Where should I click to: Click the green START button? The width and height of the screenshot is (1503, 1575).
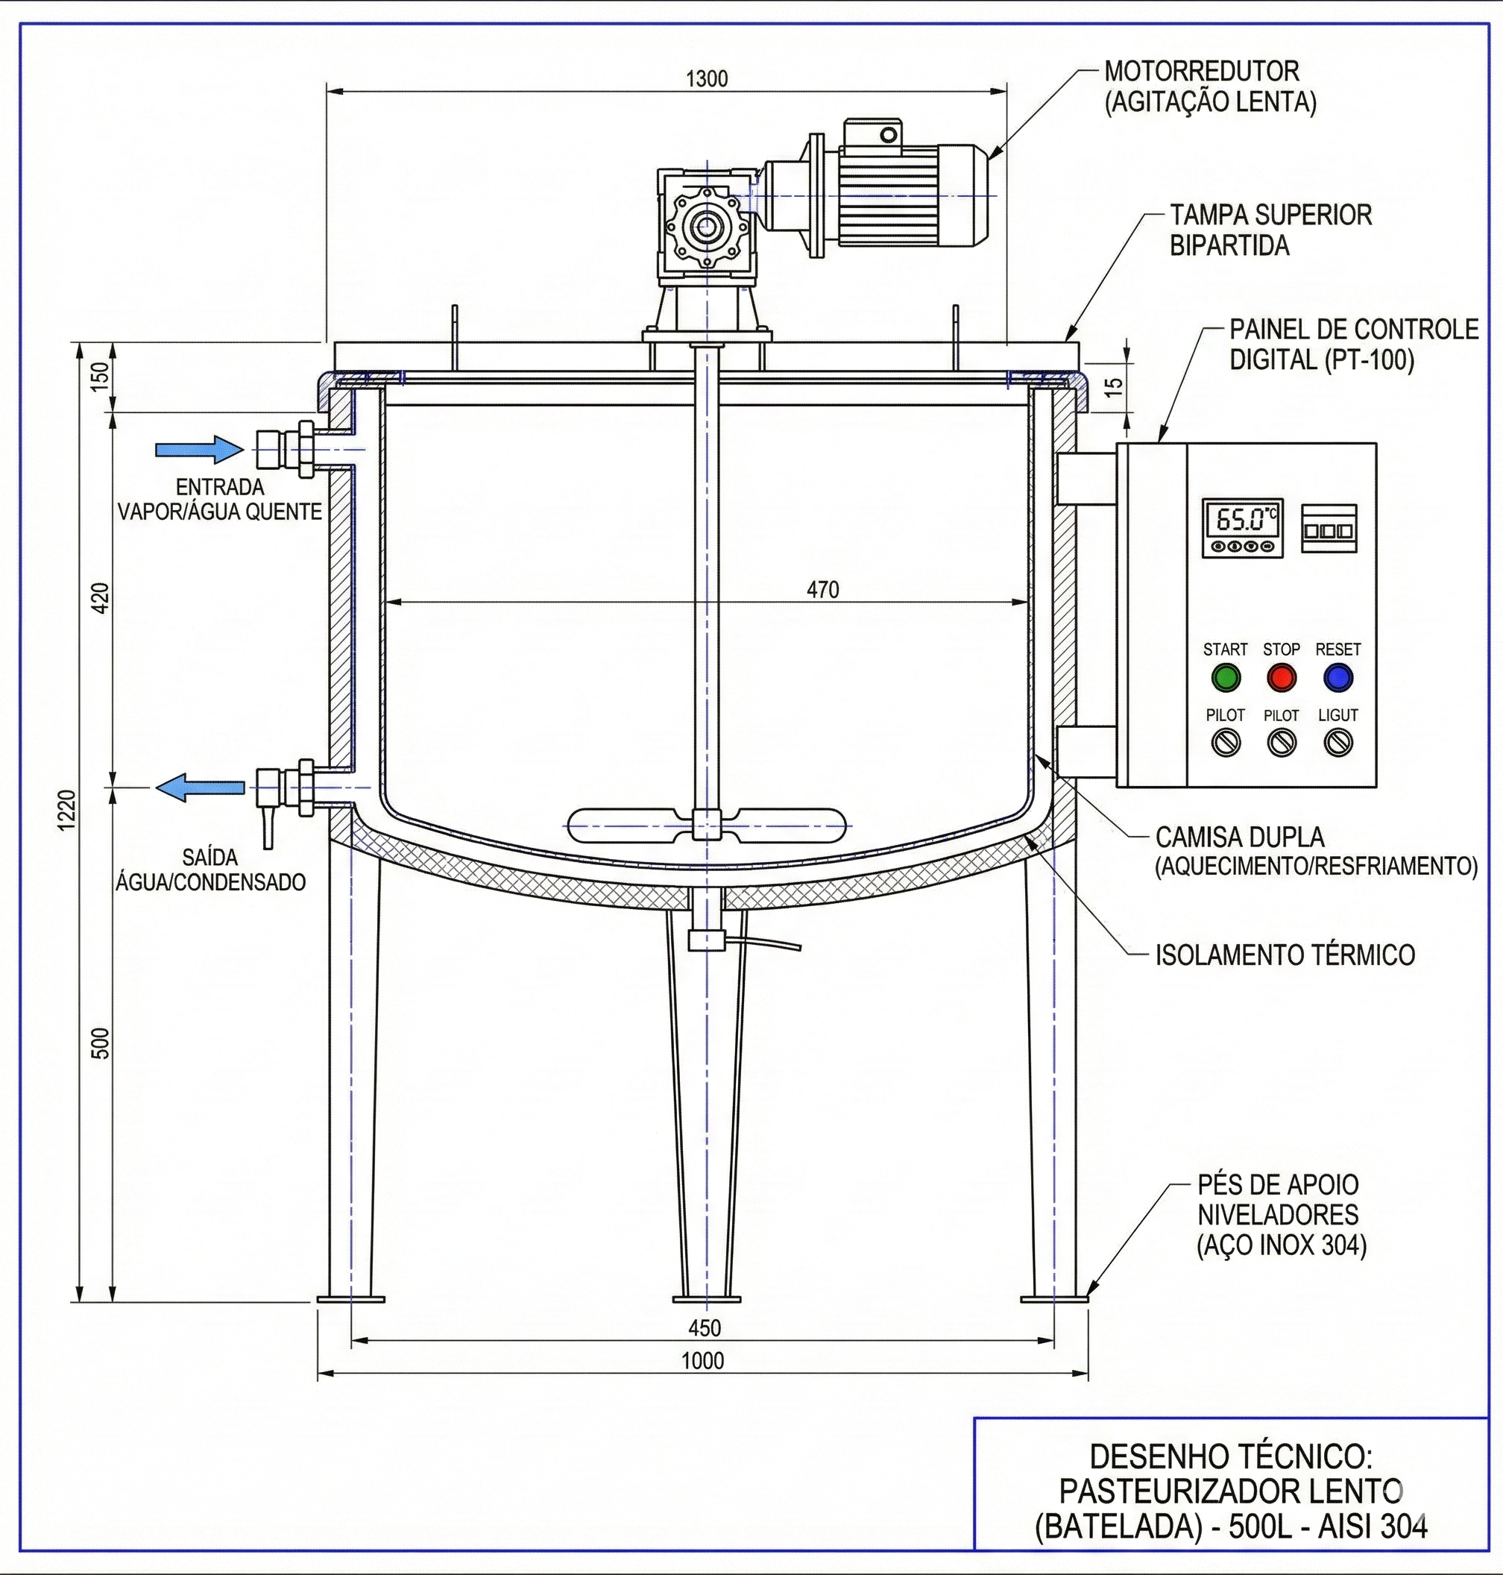click(x=1225, y=678)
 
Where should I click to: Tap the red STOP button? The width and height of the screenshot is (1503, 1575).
click(x=1281, y=678)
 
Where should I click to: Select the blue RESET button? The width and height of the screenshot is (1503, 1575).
click(x=1337, y=678)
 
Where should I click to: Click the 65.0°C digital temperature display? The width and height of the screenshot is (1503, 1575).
click(x=1242, y=521)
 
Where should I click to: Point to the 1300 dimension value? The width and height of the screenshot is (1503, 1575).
click(x=707, y=79)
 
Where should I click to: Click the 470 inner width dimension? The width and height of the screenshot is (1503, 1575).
click(x=823, y=590)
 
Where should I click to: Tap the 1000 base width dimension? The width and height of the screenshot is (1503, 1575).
click(x=702, y=1361)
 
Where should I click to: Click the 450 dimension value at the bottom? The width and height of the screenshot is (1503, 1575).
click(x=705, y=1328)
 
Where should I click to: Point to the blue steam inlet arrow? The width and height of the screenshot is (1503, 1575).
click(x=199, y=450)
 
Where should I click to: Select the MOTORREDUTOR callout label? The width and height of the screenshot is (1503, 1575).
click(x=1201, y=72)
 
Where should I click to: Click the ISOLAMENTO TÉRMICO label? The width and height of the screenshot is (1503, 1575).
click(x=1285, y=955)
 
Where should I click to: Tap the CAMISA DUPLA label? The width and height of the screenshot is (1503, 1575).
click(x=1239, y=837)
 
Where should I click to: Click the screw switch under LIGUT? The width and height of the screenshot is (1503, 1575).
click(x=1338, y=743)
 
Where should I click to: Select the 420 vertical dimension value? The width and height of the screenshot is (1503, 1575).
click(x=101, y=598)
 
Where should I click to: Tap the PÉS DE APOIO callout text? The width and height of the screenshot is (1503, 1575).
click(x=1278, y=1185)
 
